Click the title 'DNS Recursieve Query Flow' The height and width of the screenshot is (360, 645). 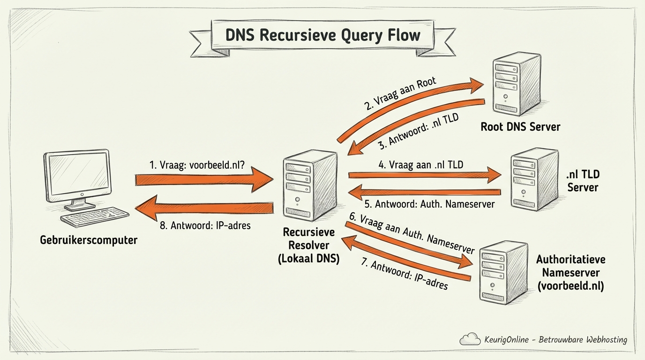[323, 36]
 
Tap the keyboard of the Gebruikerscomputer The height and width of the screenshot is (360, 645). [95, 217]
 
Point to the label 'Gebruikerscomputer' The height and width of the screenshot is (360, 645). [89, 240]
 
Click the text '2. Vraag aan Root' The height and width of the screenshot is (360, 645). [400, 93]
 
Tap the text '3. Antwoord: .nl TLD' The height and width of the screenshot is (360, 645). [418, 132]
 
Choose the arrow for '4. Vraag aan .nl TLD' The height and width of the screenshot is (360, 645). [424, 175]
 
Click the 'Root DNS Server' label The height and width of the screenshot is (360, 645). [520, 127]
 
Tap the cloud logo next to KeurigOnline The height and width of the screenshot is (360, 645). [470, 339]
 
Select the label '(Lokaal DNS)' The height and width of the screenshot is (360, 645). [308, 258]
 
